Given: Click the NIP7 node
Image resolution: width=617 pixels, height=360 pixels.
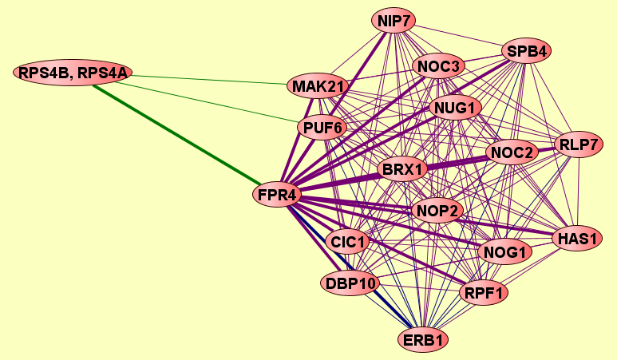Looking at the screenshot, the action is (x=394, y=21).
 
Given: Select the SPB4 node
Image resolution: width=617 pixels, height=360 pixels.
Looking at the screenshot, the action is (x=527, y=51).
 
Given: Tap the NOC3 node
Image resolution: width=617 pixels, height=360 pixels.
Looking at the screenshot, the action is (x=438, y=66).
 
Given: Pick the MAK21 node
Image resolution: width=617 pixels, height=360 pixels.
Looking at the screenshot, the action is (x=318, y=86).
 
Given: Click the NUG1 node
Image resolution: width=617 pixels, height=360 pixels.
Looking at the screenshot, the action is (x=455, y=108).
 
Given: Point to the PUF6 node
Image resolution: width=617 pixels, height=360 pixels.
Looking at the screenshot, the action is (x=322, y=128).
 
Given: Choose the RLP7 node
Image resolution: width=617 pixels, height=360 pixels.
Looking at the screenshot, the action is (x=579, y=144).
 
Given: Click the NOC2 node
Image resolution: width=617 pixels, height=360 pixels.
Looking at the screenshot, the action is (x=512, y=152).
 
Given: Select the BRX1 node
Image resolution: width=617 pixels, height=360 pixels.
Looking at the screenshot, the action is (x=402, y=169).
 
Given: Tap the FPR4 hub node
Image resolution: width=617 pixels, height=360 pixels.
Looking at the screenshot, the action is (x=277, y=195).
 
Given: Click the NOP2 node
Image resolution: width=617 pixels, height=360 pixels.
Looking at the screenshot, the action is (x=437, y=211).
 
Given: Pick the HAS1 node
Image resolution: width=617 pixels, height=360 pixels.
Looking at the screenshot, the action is (x=577, y=238).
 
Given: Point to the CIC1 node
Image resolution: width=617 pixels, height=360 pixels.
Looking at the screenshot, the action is (x=347, y=242).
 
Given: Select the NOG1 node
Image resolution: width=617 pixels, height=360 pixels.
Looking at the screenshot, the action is (x=504, y=252).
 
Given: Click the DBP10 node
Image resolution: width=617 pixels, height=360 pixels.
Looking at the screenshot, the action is (x=350, y=283).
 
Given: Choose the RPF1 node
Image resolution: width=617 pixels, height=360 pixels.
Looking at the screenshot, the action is (x=484, y=293).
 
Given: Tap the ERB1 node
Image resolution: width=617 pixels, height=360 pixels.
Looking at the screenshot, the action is (x=423, y=339).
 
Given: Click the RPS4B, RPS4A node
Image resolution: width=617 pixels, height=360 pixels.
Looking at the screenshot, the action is (x=73, y=73).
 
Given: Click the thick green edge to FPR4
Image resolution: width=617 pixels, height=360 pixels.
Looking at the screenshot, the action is (x=176, y=135).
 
